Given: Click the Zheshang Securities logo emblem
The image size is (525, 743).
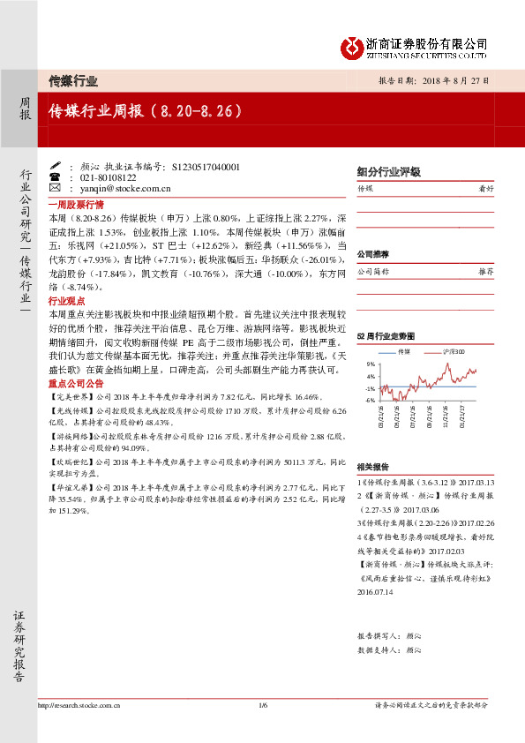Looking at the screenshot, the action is pos(351,46).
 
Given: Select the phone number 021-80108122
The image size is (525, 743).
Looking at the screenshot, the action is pos(98,177).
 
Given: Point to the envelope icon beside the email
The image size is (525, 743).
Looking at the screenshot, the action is pos(55,188).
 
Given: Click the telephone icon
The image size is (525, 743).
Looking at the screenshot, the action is pos(55,177).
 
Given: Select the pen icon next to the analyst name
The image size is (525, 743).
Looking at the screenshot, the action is pos(55,166).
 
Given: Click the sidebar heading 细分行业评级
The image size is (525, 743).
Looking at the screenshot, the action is pos(388,173).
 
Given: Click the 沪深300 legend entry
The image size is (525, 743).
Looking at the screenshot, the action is pos(451,351).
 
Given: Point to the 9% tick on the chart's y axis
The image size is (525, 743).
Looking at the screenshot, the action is pos(371,364).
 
